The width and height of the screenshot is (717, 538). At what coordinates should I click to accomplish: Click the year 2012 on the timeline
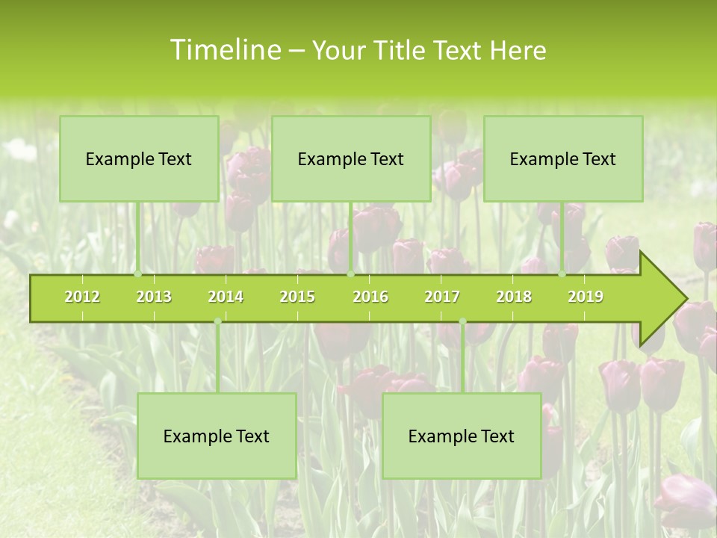coord(82,297)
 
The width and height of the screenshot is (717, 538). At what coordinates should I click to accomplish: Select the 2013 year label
coord(154,297)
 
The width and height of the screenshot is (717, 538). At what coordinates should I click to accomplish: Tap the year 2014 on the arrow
coord(226,297)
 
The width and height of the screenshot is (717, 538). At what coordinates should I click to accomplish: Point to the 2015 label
coord(297,297)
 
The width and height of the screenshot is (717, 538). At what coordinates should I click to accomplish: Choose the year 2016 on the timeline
coord(370,297)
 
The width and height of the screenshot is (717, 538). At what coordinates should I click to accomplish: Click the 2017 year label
coord(442,297)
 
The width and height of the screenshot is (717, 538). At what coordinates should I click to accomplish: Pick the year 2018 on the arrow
coord(514,297)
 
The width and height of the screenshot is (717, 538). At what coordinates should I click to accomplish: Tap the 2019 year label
coord(586,297)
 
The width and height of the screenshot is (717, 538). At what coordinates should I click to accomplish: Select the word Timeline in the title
coord(224,50)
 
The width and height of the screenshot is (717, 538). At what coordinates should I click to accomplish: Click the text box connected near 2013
coord(139,158)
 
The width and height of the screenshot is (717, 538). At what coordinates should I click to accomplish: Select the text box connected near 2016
coord(351,158)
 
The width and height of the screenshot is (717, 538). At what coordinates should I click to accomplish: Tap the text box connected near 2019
coord(563,158)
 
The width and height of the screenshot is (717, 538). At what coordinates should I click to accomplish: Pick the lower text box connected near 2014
coord(217,436)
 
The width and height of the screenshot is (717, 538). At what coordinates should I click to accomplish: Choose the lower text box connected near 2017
coord(462,436)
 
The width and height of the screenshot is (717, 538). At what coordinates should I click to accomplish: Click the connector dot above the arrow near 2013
coord(137,274)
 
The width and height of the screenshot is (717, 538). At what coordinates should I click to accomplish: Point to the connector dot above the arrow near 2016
coord(350,274)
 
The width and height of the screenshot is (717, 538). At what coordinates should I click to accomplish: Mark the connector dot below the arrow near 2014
coord(217,321)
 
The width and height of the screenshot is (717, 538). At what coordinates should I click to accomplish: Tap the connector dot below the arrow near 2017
coord(462,321)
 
